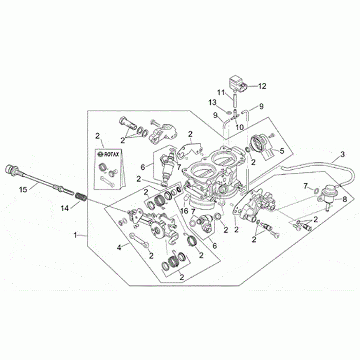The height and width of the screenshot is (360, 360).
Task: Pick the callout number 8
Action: point(344,198)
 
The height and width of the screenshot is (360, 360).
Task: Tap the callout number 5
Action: point(281,151)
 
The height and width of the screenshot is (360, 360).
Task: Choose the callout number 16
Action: point(183,211)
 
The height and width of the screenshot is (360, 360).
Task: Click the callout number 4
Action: point(119,247)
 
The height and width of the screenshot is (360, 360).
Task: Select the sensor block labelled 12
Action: point(238,82)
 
